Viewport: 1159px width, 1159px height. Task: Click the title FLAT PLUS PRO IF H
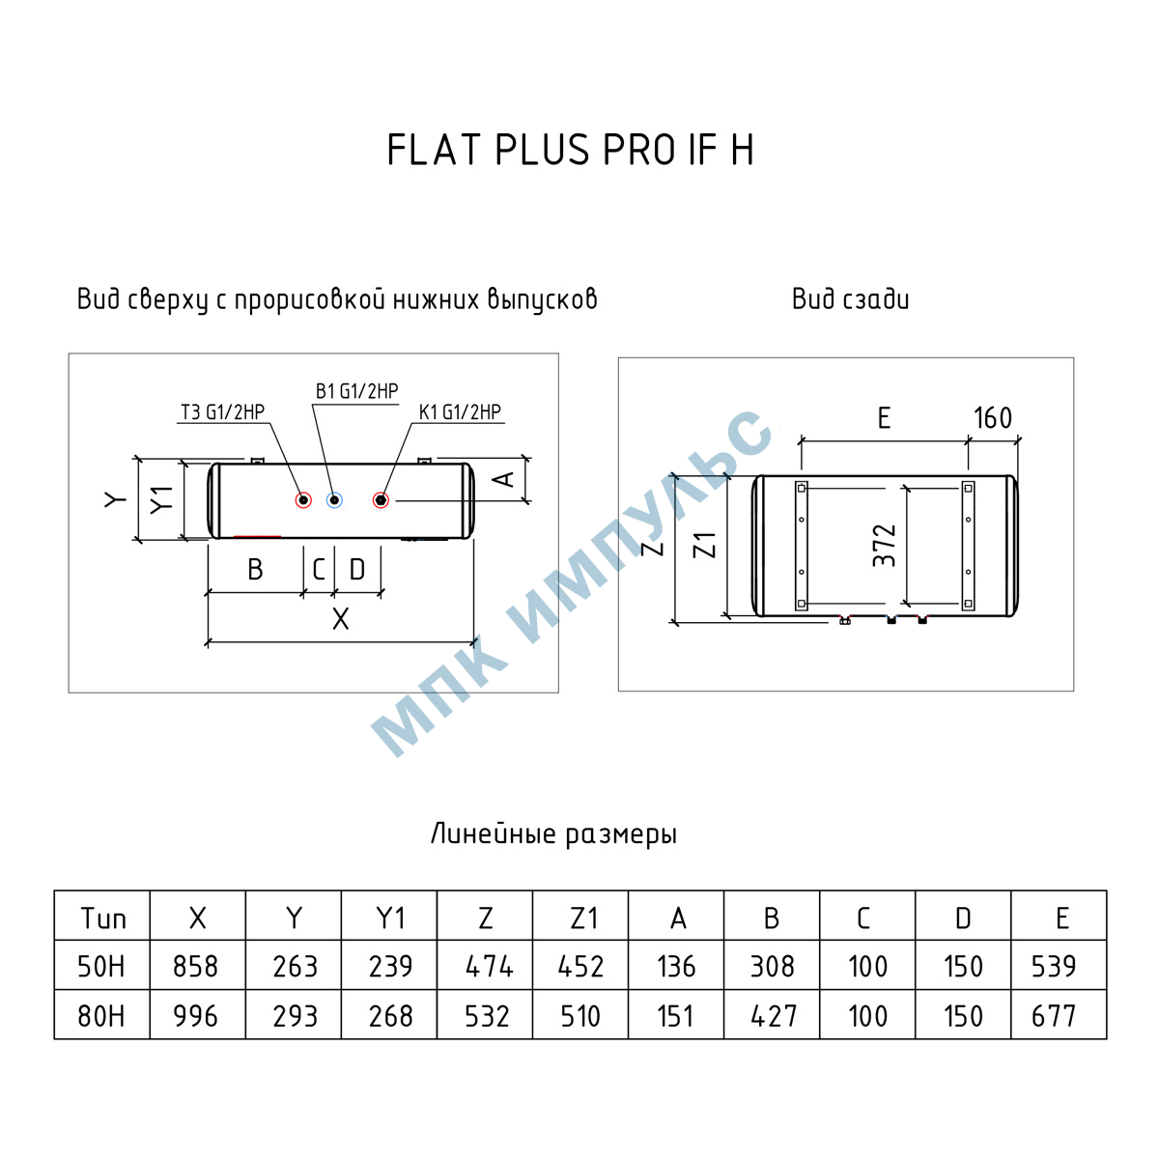point(570,150)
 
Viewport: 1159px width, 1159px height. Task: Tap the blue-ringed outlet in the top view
point(334,499)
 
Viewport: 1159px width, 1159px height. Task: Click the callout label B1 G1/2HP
point(356,391)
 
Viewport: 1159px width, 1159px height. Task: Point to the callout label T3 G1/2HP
point(222,411)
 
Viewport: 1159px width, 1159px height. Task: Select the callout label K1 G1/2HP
point(460,411)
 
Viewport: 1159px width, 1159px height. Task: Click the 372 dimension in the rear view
point(884,546)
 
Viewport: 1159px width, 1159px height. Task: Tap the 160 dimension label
point(993,417)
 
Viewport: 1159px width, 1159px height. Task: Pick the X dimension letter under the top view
point(340,619)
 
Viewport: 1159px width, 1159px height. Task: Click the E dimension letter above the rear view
point(884,417)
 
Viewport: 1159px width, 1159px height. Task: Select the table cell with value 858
point(195,967)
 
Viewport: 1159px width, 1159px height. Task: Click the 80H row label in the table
point(101,1016)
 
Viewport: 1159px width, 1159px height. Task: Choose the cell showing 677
point(1053,1016)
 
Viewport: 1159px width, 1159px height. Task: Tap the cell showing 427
point(774,1016)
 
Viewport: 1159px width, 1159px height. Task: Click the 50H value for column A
point(676,967)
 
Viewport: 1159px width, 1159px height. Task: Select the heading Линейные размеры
point(554,834)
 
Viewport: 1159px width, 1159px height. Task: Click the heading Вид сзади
point(851,298)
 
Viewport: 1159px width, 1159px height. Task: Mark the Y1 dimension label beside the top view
point(161,499)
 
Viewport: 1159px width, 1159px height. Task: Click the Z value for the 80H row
point(487,1016)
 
